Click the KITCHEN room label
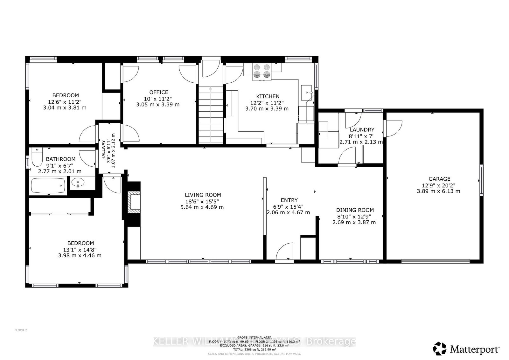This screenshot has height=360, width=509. pos(268,96)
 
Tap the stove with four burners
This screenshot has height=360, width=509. pos(261,71)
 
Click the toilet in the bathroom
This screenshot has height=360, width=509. pos(37,158)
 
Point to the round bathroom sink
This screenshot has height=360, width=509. pos(78,183)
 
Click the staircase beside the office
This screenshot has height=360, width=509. pos(211,114)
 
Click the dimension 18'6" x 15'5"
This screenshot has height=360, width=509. pos(203,201)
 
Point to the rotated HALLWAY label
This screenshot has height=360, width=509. pos(103,150)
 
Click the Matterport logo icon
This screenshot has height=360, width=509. pos(440,349)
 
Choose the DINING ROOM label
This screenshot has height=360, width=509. pos(355,210)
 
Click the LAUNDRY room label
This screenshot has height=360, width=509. pos(362,130)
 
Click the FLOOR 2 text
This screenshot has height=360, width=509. pos(21,330)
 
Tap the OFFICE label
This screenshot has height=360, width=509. pos(158,93)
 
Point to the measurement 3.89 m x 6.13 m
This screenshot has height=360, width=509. pos(438,191)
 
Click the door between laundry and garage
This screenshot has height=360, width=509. pos(393,128)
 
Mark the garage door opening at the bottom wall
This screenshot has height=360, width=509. pos(435,261)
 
